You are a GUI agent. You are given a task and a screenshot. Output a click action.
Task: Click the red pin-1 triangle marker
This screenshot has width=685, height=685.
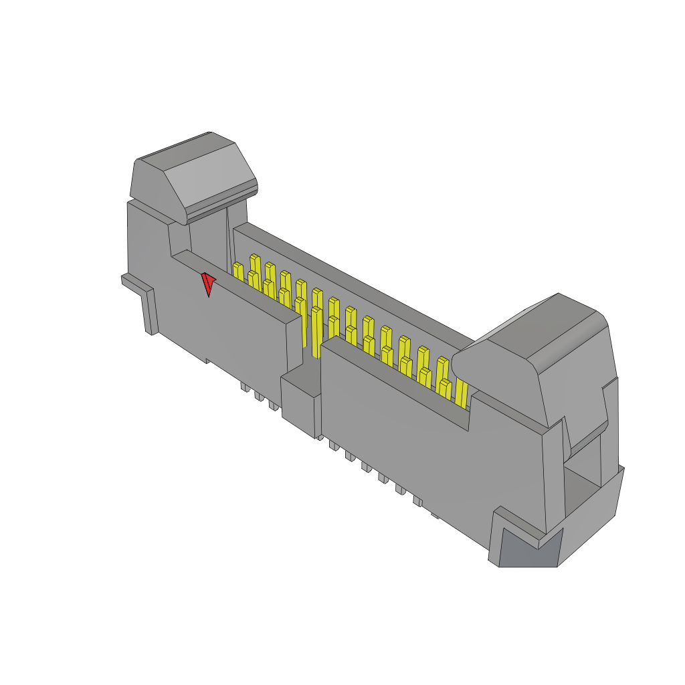pyautogui.click(x=208, y=283)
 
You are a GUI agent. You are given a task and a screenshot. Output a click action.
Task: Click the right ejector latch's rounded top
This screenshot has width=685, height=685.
pyautogui.click(x=535, y=328)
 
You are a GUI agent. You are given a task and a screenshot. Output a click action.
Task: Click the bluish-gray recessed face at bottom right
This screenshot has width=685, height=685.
pyautogui.click(x=529, y=548)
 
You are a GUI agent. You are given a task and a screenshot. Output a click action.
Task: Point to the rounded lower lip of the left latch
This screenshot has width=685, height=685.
pyautogui.click(x=221, y=205)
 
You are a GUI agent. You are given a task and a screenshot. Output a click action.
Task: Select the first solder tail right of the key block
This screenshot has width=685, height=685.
pyautogui.click(x=333, y=445)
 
